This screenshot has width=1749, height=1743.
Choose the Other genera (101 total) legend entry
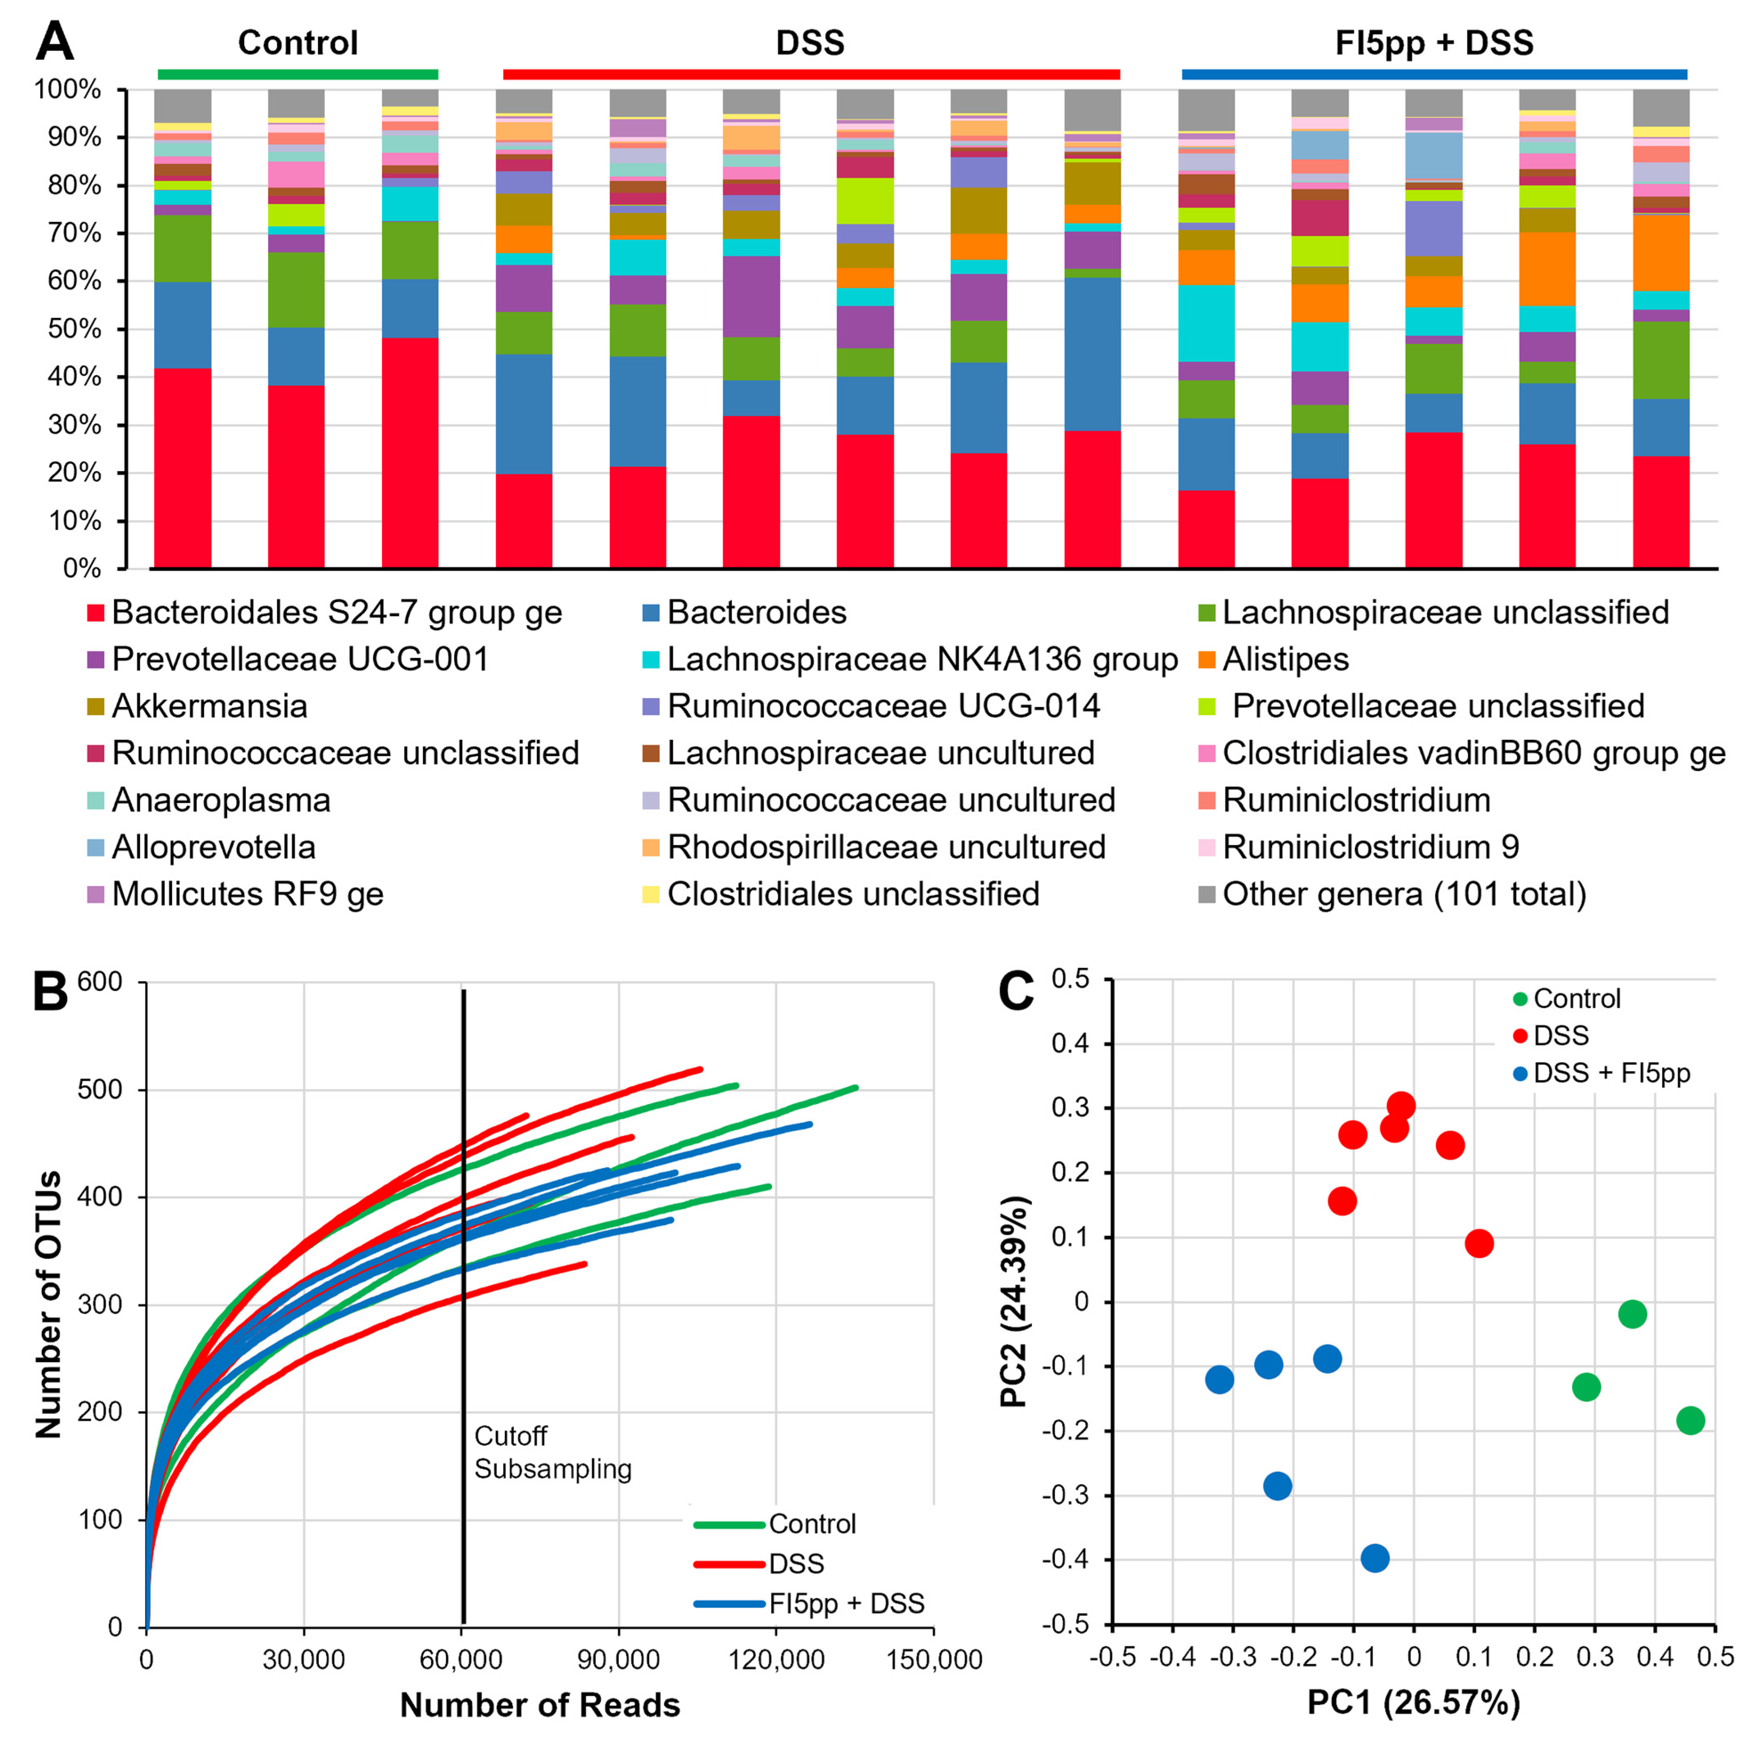1403,894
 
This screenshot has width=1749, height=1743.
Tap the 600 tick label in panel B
100,982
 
